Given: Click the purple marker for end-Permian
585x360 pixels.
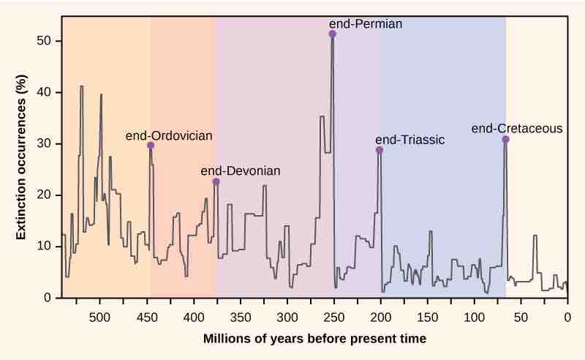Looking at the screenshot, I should pos(333,34).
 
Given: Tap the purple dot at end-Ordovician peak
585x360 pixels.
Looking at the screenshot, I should pos(151,146).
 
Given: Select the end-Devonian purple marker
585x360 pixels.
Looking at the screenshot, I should pos(216,181).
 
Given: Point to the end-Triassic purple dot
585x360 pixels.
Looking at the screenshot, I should pos(380,150).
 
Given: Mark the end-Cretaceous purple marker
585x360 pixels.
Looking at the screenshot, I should pos(505,139).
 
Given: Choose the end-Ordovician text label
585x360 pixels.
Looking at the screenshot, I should pos(169,135).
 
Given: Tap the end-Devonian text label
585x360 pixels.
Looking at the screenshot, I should pos(240,170).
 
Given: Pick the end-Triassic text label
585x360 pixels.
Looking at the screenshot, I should pos(409,140).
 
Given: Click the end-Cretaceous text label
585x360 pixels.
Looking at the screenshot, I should pos(517,129).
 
